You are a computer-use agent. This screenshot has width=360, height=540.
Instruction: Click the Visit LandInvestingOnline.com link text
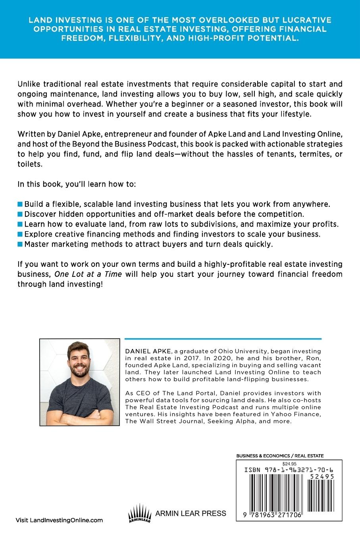[x=59, y=520]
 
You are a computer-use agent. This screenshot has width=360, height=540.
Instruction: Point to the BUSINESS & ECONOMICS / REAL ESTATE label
[x=280, y=456]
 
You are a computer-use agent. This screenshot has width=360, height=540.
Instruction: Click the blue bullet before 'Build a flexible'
[x=20, y=204]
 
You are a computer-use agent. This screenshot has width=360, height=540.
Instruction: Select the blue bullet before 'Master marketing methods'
[x=20, y=244]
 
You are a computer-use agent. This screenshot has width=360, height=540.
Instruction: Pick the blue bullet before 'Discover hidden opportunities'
[x=20, y=214]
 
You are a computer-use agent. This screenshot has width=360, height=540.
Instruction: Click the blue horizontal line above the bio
[x=223, y=339]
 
